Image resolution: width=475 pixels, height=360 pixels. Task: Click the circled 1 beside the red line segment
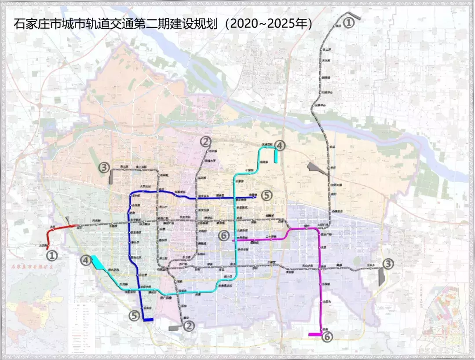click(x=52, y=255)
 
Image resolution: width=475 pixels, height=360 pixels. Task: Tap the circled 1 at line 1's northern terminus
click(x=348, y=22)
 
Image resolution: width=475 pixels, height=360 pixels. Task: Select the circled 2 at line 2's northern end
click(x=205, y=142)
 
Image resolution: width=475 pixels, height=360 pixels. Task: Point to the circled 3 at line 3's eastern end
click(x=388, y=264)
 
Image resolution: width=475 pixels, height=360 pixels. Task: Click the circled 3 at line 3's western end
click(x=104, y=167)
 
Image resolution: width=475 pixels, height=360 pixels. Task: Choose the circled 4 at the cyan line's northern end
click(x=280, y=146)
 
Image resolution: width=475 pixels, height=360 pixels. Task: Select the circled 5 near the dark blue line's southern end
click(x=135, y=315)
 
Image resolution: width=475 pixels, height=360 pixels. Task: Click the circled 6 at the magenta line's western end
click(x=224, y=236)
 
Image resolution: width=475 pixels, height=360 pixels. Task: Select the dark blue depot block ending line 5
click(x=148, y=320)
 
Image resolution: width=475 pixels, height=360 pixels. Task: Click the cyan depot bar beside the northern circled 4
click(x=276, y=155)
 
